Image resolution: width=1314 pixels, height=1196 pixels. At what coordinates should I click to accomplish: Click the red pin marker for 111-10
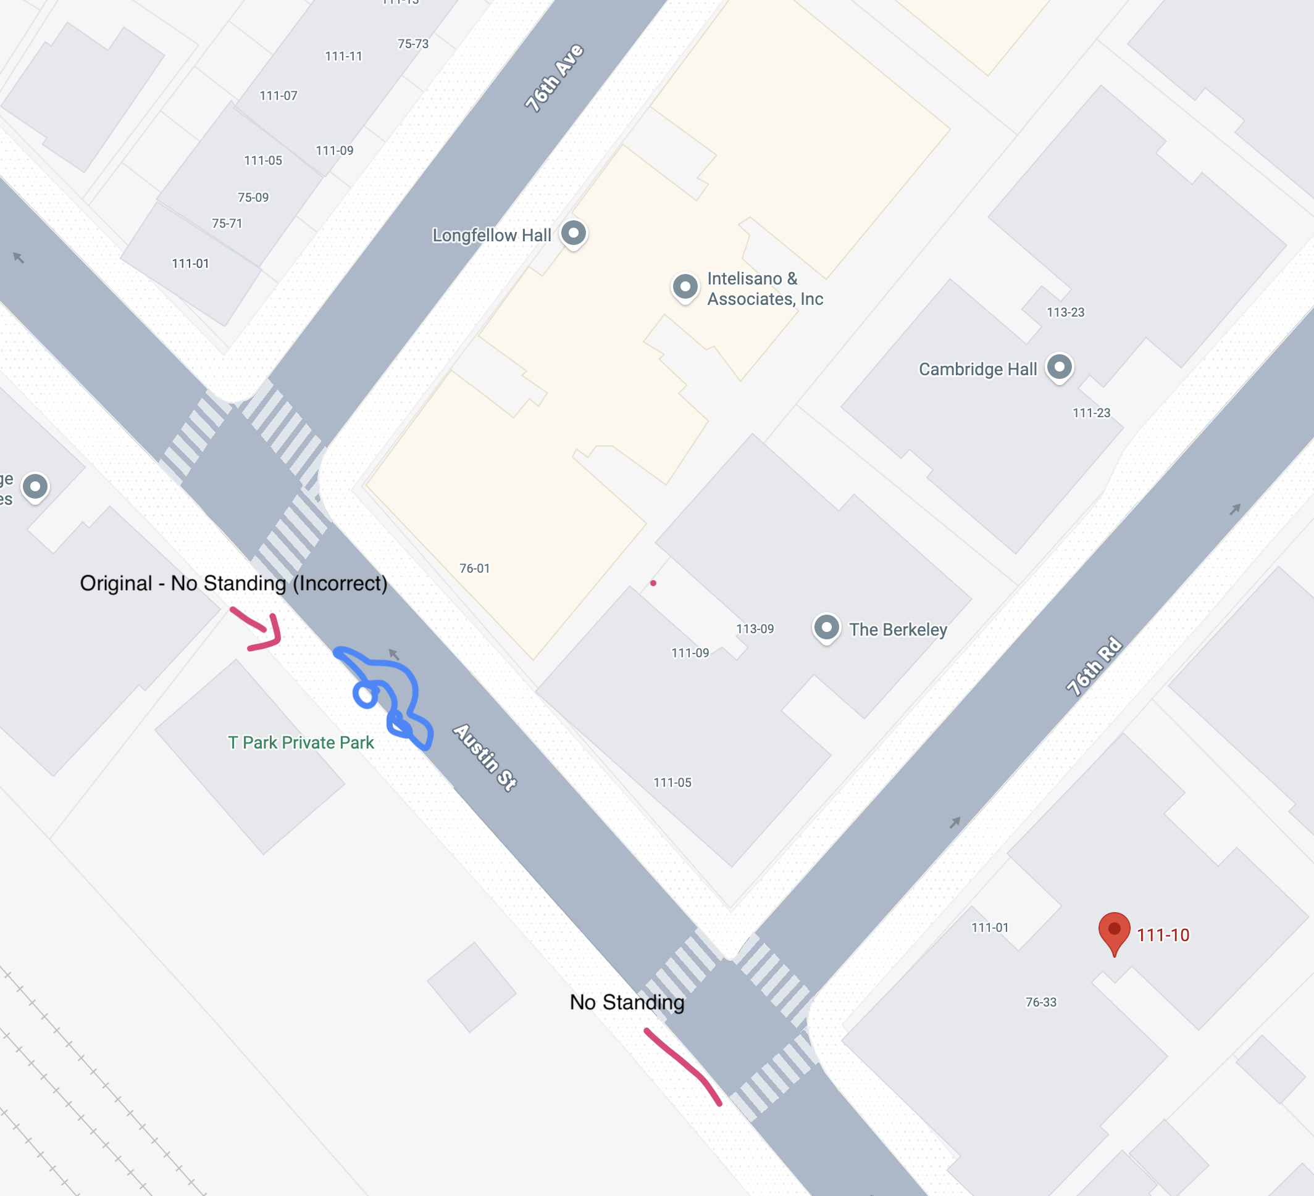tap(1114, 931)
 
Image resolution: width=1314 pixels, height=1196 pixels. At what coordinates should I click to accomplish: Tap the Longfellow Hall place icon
tap(574, 233)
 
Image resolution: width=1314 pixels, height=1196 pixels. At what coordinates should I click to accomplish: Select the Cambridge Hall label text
tap(977, 369)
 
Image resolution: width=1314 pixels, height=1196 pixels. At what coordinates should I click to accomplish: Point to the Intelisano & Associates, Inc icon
tap(685, 286)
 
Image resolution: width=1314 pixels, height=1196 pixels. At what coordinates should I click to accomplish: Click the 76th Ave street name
tap(554, 78)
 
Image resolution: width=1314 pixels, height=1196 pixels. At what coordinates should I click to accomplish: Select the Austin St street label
tap(485, 757)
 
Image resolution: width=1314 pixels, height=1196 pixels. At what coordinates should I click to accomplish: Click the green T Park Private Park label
tap(301, 742)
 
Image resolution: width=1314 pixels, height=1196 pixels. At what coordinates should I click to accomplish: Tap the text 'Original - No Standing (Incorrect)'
tap(233, 583)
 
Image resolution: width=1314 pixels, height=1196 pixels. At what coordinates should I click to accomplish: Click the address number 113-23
tap(1065, 312)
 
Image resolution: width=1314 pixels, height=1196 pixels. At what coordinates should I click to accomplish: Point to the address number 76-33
tap(1040, 1002)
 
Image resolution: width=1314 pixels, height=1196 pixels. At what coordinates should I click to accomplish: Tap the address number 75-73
tap(413, 44)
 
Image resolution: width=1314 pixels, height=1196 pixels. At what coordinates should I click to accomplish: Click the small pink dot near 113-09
tap(653, 583)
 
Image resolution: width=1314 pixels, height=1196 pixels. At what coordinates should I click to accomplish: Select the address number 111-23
tap(1091, 413)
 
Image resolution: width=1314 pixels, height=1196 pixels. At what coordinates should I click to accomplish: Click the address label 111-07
tap(278, 96)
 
